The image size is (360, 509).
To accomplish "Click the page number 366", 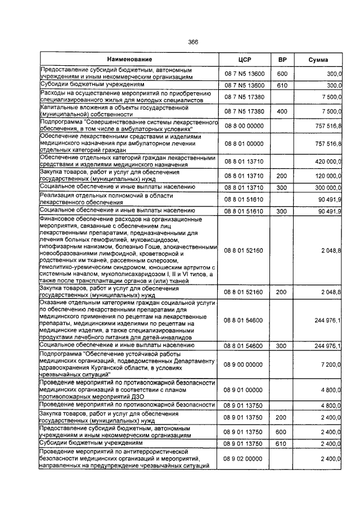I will [x=193, y=42].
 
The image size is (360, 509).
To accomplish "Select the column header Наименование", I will [x=129, y=60].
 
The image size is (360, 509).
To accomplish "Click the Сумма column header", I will [x=318, y=60].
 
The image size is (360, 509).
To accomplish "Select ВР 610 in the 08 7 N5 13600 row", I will [x=282, y=85].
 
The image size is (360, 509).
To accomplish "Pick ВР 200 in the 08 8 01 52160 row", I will [x=282, y=292].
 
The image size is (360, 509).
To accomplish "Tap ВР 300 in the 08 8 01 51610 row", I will [x=282, y=211].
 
